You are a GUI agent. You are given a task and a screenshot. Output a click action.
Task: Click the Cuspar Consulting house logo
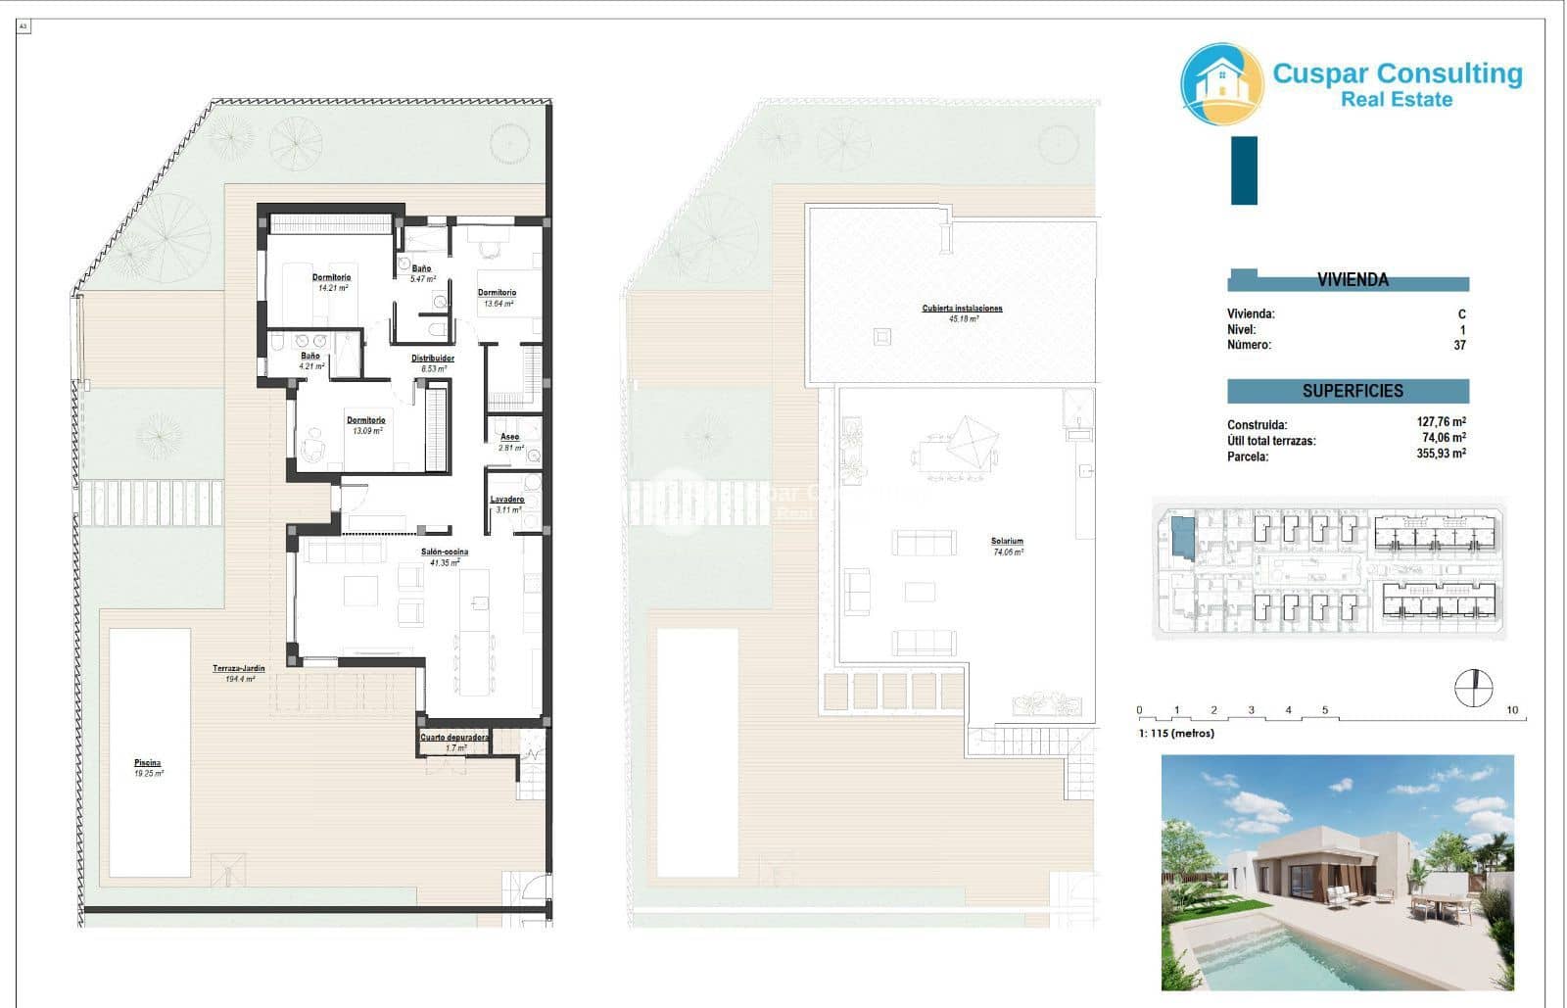(1221, 83)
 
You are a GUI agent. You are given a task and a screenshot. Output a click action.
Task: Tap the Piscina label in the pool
(148, 763)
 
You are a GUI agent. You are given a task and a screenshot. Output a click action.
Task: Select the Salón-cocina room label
(445, 552)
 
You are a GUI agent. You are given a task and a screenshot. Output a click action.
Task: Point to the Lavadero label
(507, 500)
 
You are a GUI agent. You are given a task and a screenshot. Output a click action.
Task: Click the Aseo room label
(509, 436)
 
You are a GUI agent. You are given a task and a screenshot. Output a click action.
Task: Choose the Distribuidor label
(432, 359)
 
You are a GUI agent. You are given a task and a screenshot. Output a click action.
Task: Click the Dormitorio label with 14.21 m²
(331, 277)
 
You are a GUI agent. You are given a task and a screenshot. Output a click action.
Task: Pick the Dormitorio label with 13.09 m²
(365, 420)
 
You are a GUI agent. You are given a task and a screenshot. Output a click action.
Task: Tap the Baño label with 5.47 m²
(421, 268)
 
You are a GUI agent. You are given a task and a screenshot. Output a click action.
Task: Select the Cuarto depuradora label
(454, 737)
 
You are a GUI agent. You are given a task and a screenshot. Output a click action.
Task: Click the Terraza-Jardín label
(239, 669)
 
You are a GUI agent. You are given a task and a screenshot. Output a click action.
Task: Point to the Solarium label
(1007, 541)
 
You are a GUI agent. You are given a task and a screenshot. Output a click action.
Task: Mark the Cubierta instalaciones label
(962, 309)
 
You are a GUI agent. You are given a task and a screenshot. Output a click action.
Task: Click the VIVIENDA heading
(1353, 280)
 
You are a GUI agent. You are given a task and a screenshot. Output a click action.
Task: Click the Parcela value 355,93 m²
(1441, 455)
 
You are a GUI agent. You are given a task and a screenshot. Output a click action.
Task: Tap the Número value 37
(1459, 345)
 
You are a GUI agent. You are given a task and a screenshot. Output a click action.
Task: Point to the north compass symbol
(1474, 688)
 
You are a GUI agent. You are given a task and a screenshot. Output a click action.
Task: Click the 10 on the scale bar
(1512, 710)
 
